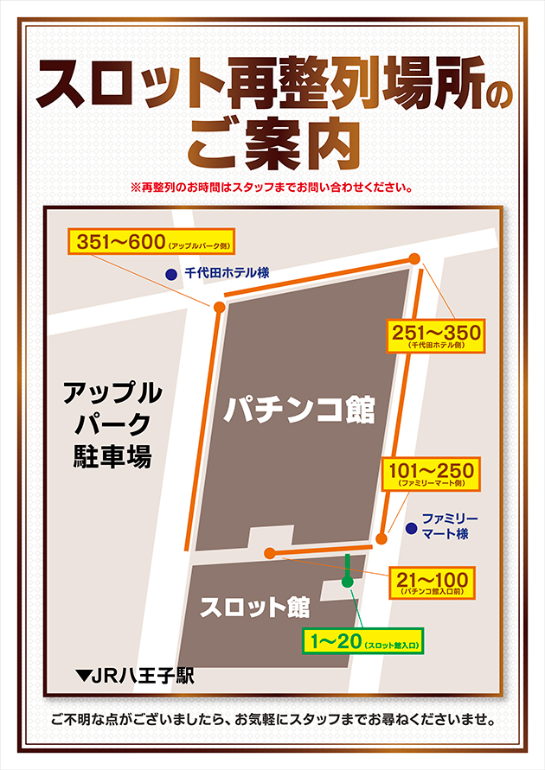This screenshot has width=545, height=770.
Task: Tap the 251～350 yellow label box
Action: pyautogui.click(x=436, y=334)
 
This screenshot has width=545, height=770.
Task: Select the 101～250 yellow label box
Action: pyautogui.click(x=431, y=474)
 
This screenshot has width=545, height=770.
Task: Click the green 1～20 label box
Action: pyautogui.click(x=362, y=641)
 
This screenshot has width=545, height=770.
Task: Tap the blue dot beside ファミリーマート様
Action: pyautogui.click(x=410, y=525)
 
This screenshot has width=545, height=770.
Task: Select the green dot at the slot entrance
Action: pyautogui.click(x=347, y=582)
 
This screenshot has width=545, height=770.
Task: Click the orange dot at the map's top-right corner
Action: pyautogui.click(x=415, y=258)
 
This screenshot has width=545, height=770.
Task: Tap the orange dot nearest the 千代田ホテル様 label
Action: pyautogui.click(x=219, y=307)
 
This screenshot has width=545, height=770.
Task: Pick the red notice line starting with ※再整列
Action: pyautogui.click(x=272, y=187)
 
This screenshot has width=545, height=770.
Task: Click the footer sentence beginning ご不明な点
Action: pyautogui.click(x=272, y=719)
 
